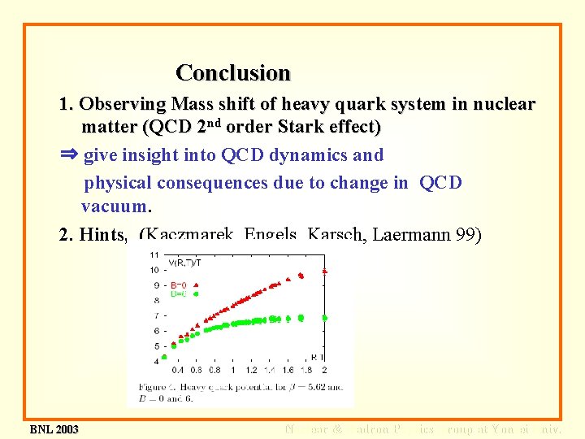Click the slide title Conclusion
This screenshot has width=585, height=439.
(233, 73)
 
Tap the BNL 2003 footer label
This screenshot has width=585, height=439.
(54, 429)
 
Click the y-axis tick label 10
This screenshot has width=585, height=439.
(154, 269)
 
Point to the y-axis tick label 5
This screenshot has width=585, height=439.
(156, 346)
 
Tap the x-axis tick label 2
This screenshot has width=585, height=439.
(324, 370)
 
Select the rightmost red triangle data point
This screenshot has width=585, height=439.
(325, 270)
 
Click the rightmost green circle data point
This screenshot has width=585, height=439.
(325, 317)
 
